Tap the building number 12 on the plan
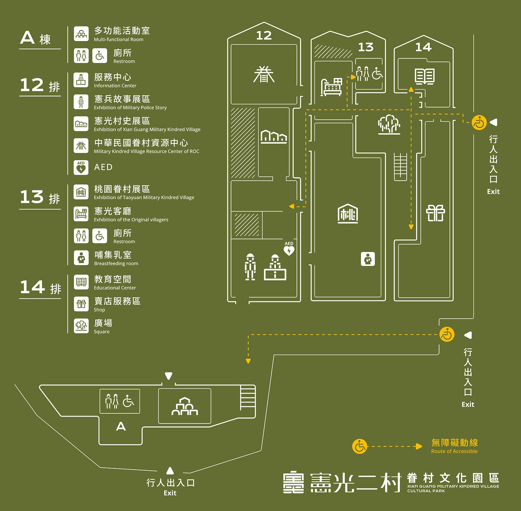pos(264,35)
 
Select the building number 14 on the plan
pos(423,47)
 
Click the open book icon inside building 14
pos(424,76)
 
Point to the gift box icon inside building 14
pos(435,213)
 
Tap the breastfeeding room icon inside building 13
pos(368,259)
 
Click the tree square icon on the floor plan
pos(389,124)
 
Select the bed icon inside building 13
pos(331,87)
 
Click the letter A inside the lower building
pos(121,426)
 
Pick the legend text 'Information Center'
pos(115,86)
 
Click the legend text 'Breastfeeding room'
pos(116,264)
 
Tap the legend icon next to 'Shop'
pos(81,304)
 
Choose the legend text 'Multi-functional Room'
pos(118,40)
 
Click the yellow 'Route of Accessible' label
pos(454,451)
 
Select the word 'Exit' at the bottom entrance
pos(170,493)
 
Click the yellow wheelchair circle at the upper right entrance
pos(479,123)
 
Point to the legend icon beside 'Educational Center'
pos(81,282)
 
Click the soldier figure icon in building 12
pos(250,267)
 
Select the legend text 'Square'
pos(102,332)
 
